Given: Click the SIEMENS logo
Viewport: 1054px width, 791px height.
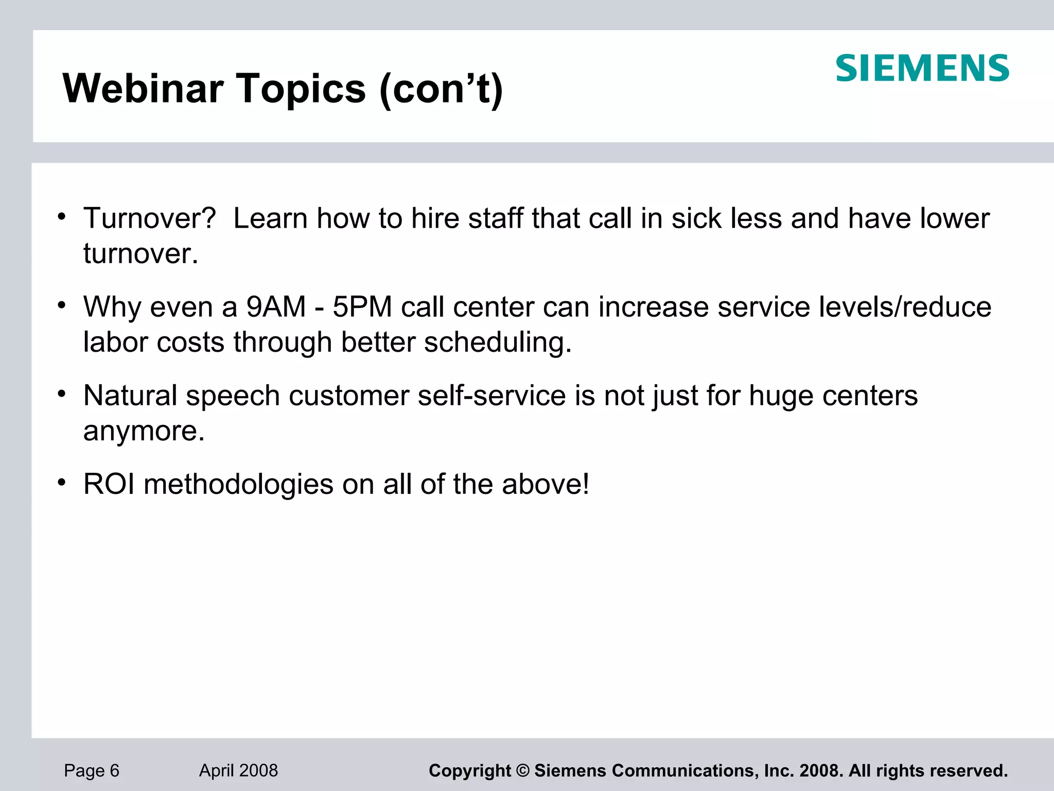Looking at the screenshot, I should (x=922, y=68).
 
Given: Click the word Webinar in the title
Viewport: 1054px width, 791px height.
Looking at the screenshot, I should (x=143, y=89).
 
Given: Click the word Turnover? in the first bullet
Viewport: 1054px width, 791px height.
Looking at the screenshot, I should (x=150, y=218).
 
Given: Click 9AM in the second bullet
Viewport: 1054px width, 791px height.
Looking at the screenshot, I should (x=276, y=307).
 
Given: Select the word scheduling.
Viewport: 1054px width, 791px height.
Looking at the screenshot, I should (x=498, y=343).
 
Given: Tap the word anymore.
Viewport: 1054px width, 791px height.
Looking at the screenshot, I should (x=144, y=432).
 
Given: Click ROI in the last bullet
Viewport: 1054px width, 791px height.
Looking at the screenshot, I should (x=109, y=484).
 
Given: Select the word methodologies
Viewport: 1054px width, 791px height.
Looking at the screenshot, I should (x=238, y=484).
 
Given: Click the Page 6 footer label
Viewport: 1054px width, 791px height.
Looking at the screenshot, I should (x=92, y=770).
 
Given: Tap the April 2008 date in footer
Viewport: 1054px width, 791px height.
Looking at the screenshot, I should (x=238, y=770).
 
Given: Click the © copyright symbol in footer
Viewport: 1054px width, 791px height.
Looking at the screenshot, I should (x=522, y=771).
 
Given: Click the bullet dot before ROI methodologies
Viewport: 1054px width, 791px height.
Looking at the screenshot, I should (x=62, y=483).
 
